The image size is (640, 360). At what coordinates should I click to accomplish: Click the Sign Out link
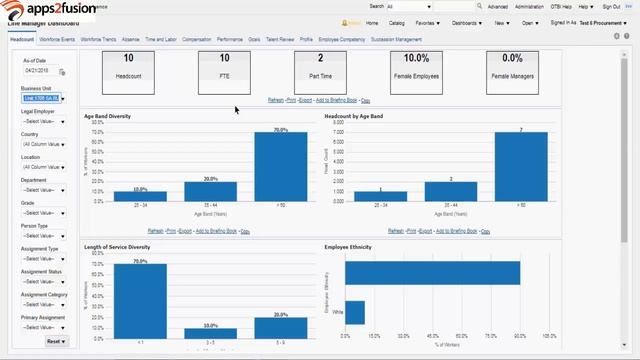pos(610,6)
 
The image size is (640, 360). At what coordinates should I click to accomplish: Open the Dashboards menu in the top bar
pos(467,22)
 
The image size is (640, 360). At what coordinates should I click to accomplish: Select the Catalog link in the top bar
pos(397,22)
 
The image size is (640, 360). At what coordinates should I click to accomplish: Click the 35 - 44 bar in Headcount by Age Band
pos(450,191)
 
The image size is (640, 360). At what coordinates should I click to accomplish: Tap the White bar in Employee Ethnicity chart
pos(355,312)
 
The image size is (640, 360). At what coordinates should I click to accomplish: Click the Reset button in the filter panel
pos(55,341)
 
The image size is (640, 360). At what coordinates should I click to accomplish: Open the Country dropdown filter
pos(43,143)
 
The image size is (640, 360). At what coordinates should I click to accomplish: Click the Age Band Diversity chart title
pos(107,117)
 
